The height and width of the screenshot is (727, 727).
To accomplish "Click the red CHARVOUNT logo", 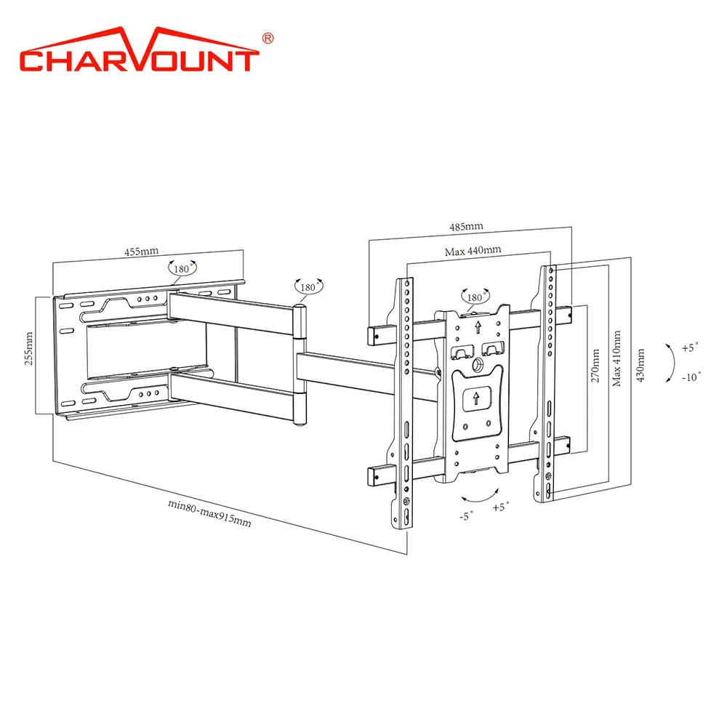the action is click(x=139, y=49).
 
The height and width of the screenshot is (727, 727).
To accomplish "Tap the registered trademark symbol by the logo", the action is click(x=268, y=39).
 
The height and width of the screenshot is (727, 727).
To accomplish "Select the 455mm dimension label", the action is click(x=142, y=252).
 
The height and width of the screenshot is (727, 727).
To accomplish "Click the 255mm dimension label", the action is click(x=29, y=349).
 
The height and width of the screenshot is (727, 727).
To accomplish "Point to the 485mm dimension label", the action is click(x=467, y=227).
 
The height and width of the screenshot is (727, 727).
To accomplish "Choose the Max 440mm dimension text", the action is click(x=473, y=251).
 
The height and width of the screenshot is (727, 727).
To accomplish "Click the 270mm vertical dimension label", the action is click(x=595, y=366).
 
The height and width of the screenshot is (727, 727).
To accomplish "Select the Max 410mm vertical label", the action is click(x=616, y=358).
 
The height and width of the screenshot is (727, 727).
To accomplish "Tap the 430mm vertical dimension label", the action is click(x=640, y=366).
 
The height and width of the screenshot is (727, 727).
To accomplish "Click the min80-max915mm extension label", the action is click(x=209, y=513).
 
